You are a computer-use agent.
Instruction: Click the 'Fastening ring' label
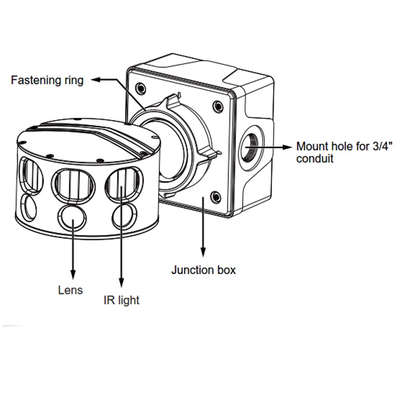coord(47,80)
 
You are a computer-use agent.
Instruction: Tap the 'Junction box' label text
coord(203,270)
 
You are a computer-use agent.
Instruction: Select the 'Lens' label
coord(71,289)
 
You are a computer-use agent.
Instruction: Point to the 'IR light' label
coord(121,301)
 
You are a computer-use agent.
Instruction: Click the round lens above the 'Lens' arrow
coord(72,217)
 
